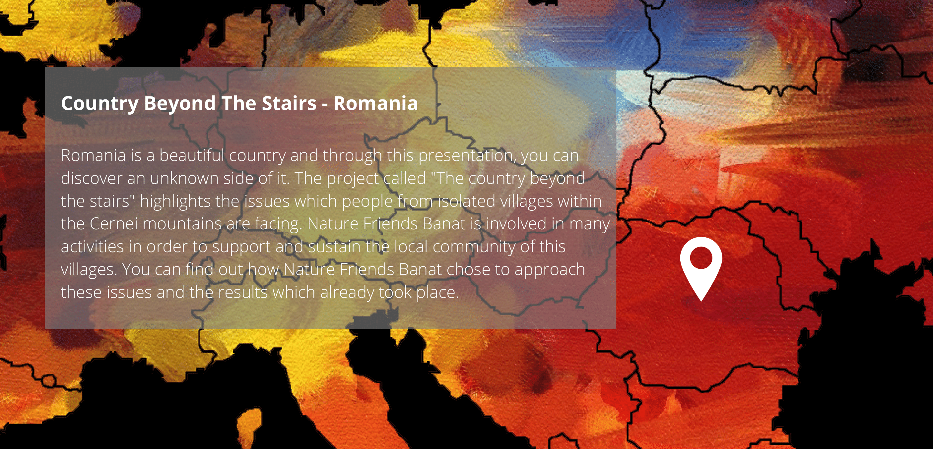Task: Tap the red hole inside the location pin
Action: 701,258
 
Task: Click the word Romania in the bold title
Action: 375,103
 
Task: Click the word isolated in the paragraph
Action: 467,201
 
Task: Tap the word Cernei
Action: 113,224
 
